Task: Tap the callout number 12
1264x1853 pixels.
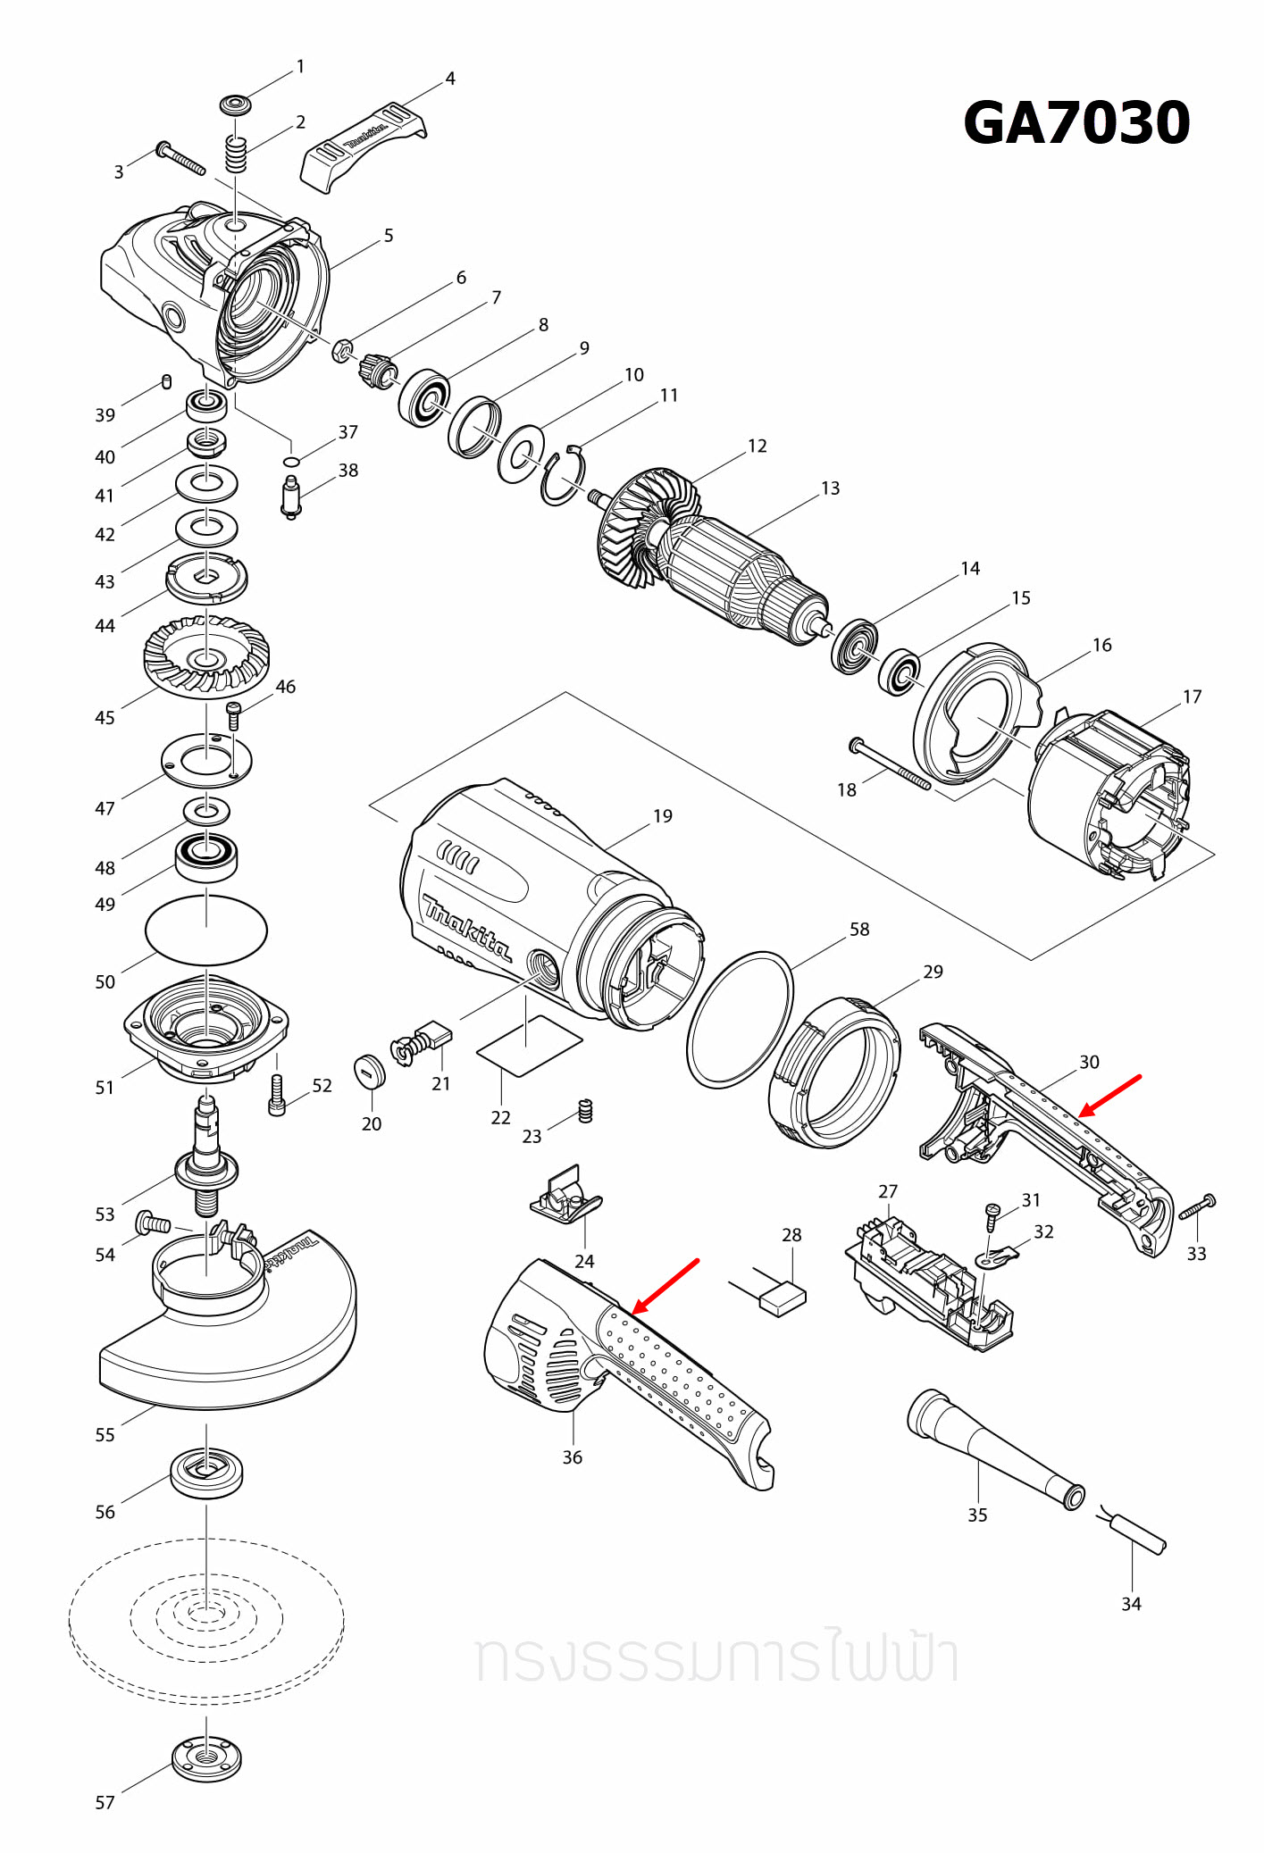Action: [757, 446]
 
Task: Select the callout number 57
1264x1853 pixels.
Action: [105, 1802]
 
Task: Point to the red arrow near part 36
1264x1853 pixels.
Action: [665, 1286]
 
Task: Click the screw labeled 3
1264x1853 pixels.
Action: [180, 158]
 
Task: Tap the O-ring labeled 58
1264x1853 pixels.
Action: [740, 1019]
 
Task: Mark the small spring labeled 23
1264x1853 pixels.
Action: [585, 1110]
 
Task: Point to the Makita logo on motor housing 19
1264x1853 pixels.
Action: [467, 926]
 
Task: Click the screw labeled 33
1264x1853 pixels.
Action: [1197, 1207]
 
